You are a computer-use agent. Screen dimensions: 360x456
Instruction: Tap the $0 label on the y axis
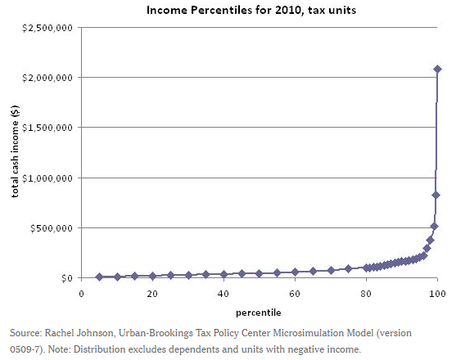[x=66, y=278]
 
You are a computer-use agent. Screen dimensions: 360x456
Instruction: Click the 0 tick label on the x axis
[x=81, y=293]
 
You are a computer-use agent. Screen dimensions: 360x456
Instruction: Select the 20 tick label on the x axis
[x=152, y=293]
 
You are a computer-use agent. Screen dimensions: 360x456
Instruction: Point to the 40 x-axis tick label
[x=223, y=293]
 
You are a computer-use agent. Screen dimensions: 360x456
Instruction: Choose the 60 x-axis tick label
[x=295, y=293]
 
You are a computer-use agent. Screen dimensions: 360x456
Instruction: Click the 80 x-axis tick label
[x=366, y=293]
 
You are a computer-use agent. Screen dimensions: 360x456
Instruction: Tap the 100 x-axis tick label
[x=437, y=293]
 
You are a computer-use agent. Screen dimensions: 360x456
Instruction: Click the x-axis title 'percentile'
[x=259, y=312]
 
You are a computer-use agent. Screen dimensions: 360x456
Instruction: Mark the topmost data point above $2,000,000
[x=437, y=69]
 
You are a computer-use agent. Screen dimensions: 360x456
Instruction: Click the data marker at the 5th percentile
[x=99, y=277]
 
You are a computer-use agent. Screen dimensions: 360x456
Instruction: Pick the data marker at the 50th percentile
[x=259, y=273]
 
